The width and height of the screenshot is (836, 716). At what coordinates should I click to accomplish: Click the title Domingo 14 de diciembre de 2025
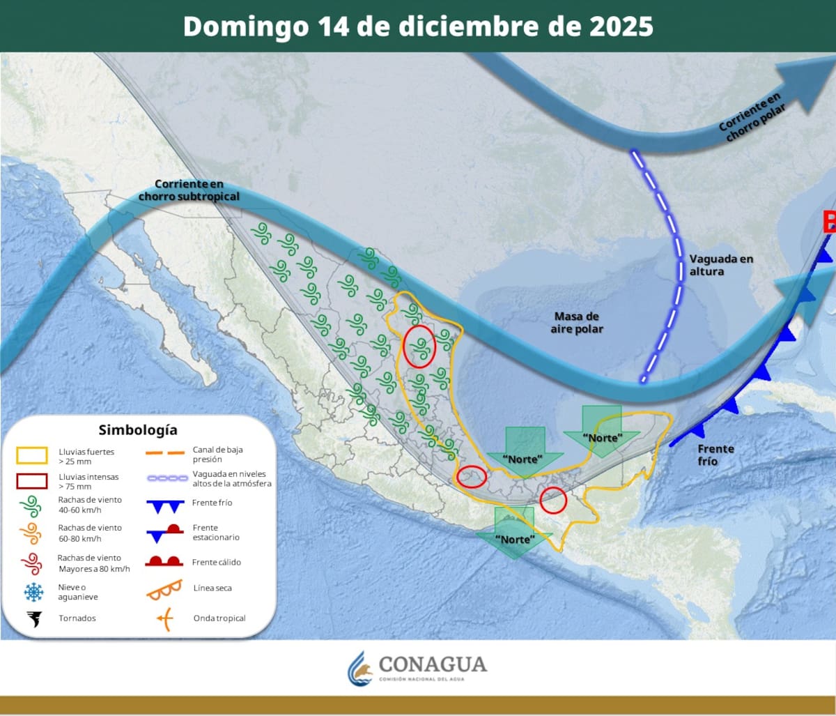click(x=418, y=26)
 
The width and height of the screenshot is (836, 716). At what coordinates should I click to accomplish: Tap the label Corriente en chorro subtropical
click(x=189, y=190)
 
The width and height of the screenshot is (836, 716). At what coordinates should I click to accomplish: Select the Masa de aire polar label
click(x=576, y=322)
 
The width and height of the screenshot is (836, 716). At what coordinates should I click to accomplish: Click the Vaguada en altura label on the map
click(x=721, y=265)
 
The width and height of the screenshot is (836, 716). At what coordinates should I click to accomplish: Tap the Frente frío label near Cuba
click(x=715, y=455)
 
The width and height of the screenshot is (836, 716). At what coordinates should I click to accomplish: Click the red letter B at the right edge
click(x=829, y=222)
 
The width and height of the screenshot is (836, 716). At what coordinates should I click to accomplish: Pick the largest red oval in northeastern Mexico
click(x=420, y=346)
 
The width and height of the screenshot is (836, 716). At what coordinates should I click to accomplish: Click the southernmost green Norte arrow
click(x=514, y=533)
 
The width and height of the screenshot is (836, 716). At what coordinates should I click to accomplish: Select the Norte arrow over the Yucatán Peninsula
click(x=602, y=432)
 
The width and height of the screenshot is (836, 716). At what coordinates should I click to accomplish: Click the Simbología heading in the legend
click(x=138, y=429)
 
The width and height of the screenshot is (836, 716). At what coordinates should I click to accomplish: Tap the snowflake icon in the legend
click(x=33, y=593)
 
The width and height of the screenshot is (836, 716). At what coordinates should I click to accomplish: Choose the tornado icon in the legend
click(x=33, y=618)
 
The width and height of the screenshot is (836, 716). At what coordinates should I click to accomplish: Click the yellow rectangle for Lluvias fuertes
click(x=32, y=456)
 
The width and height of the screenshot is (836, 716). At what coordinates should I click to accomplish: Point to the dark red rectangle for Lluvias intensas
click(x=32, y=481)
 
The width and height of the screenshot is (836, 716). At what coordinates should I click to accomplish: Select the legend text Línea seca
click(x=212, y=588)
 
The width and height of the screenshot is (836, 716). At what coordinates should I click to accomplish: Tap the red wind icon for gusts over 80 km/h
click(x=32, y=563)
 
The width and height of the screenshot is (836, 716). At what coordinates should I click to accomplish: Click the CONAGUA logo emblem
click(x=360, y=669)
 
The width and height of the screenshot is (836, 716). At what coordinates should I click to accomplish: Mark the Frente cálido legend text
click(x=217, y=562)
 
